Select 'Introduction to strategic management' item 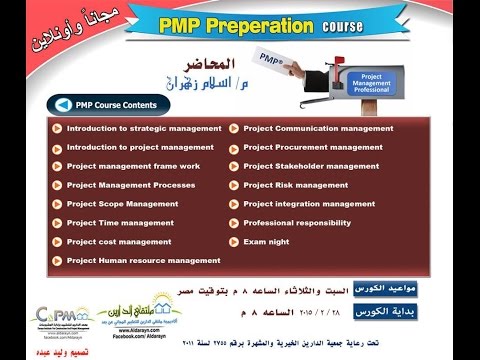click(x=144, y=128)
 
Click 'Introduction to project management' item click(x=140, y=147)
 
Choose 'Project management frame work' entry click(x=133, y=166)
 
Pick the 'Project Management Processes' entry click(x=131, y=185)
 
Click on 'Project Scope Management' click(x=122, y=204)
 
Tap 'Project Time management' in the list click(x=120, y=223)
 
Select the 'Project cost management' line click(x=118, y=241)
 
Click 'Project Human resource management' click(x=143, y=260)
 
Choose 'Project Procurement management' click(x=312, y=147)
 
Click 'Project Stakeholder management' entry click(x=311, y=166)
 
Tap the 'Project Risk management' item click(x=295, y=185)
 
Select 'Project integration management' click(x=309, y=204)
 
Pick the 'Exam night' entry click(x=265, y=241)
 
